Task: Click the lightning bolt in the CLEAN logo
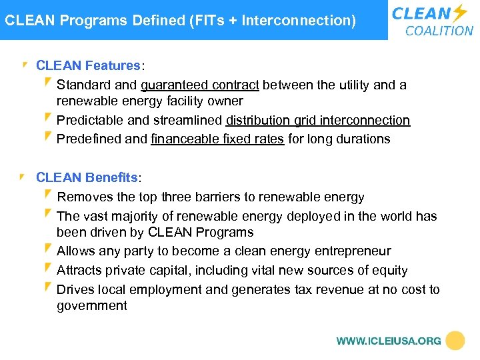pos(459,13)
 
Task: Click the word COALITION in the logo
pos(439,31)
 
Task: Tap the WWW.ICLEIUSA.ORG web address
pos(389,341)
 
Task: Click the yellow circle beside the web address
pos(455,341)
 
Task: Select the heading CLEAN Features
pos(87,66)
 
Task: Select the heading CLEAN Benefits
pos(87,178)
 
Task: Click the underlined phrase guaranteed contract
pos(200,85)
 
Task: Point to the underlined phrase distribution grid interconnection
pos(318,121)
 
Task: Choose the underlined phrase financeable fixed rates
pos(217,139)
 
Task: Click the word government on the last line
pos(91,306)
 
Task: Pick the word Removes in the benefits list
pos(85,197)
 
